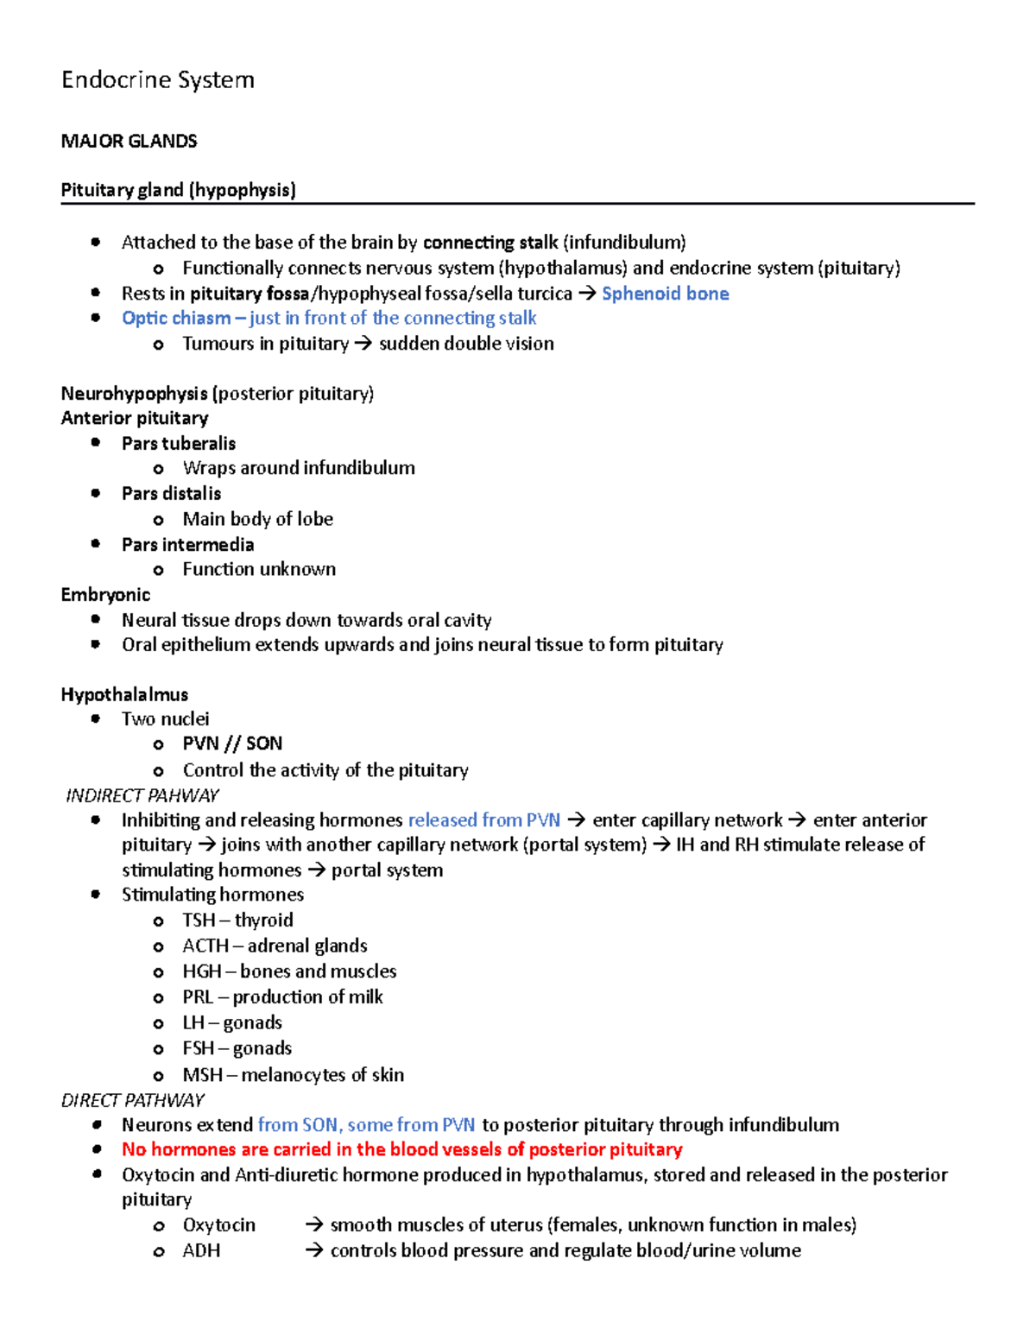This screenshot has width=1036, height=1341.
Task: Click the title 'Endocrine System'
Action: (158, 80)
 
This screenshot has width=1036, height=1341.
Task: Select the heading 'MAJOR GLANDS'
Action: (129, 141)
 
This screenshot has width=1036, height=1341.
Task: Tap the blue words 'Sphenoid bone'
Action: (665, 294)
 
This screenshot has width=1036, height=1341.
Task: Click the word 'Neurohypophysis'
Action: (135, 394)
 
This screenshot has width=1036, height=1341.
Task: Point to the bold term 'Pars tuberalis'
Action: (179, 443)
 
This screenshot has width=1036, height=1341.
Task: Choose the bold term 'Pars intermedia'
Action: (187, 545)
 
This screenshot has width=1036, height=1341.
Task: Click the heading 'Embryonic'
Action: (105, 595)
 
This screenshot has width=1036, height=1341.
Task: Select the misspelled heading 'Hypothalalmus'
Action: (124, 695)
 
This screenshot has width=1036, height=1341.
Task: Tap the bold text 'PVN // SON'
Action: (232, 743)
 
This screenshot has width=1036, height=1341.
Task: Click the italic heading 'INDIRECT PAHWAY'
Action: (142, 795)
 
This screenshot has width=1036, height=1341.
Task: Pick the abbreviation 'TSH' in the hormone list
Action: (199, 920)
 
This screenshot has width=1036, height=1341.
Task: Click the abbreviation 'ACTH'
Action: (205, 946)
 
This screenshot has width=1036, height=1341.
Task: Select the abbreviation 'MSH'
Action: (202, 1075)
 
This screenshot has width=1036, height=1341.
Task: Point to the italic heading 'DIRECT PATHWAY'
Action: (133, 1100)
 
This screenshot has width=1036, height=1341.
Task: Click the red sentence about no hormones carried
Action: (401, 1149)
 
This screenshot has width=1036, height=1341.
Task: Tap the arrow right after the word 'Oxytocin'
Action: (314, 1225)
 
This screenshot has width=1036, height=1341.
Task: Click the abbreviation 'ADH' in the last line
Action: (201, 1251)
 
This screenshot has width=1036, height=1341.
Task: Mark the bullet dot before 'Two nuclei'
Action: (96, 719)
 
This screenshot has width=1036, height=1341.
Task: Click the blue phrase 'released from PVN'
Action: (483, 820)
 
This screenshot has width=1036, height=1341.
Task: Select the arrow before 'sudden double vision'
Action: (363, 344)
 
